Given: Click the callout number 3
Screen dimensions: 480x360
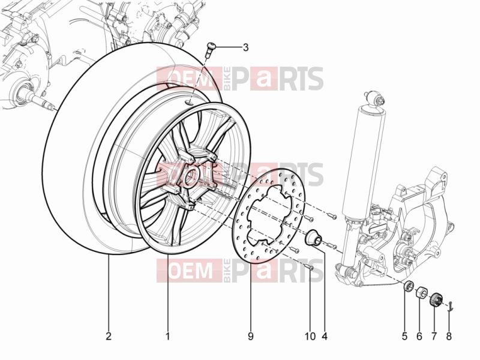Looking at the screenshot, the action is click(x=245, y=48).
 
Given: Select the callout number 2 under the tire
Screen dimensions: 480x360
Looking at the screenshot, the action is click(x=109, y=336).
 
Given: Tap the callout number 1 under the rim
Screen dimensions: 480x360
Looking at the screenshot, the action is click(x=167, y=336).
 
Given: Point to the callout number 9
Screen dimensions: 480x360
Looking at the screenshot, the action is click(x=250, y=336).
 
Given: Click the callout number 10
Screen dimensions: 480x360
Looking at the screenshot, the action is click(x=310, y=336).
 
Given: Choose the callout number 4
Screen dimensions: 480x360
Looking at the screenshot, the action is click(x=325, y=336).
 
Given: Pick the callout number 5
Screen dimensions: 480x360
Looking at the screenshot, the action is click(x=404, y=336).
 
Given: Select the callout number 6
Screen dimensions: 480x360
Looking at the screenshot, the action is click(x=419, y=336).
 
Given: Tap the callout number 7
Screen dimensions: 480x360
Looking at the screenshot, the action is click(x=434, y=336).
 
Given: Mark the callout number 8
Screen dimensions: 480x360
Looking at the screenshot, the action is click(x=448, y=336).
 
